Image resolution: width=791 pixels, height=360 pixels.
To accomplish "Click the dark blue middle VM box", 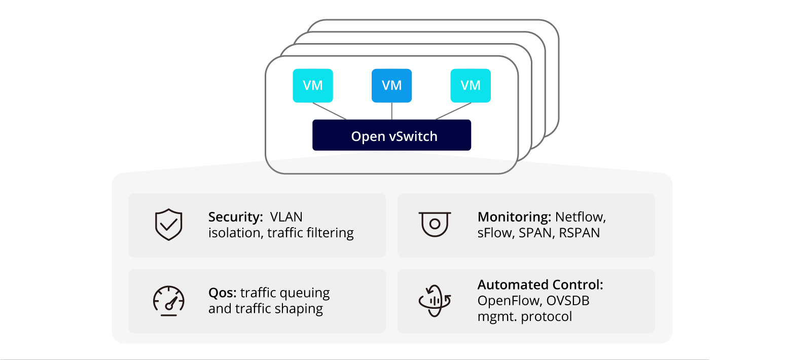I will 391,86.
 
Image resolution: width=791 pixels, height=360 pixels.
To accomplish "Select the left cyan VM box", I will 313,86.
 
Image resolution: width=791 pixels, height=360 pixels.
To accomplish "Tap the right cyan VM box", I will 471,86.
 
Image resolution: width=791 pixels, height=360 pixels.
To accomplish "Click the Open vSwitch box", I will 391,135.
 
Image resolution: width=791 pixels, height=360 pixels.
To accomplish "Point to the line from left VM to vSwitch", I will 330,111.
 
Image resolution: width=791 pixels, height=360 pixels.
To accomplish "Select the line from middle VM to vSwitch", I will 391,111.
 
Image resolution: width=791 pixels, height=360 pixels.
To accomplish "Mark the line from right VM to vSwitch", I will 453,111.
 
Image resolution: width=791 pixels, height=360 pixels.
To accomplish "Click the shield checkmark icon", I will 168,225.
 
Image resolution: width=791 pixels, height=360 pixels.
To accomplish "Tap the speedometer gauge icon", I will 168,301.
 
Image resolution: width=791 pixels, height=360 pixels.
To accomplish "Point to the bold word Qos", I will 222,293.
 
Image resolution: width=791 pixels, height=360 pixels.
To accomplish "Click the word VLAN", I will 286,218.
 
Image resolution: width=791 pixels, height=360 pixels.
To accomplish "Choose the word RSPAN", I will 580,233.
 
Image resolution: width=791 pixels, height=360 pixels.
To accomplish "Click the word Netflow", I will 581,218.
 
